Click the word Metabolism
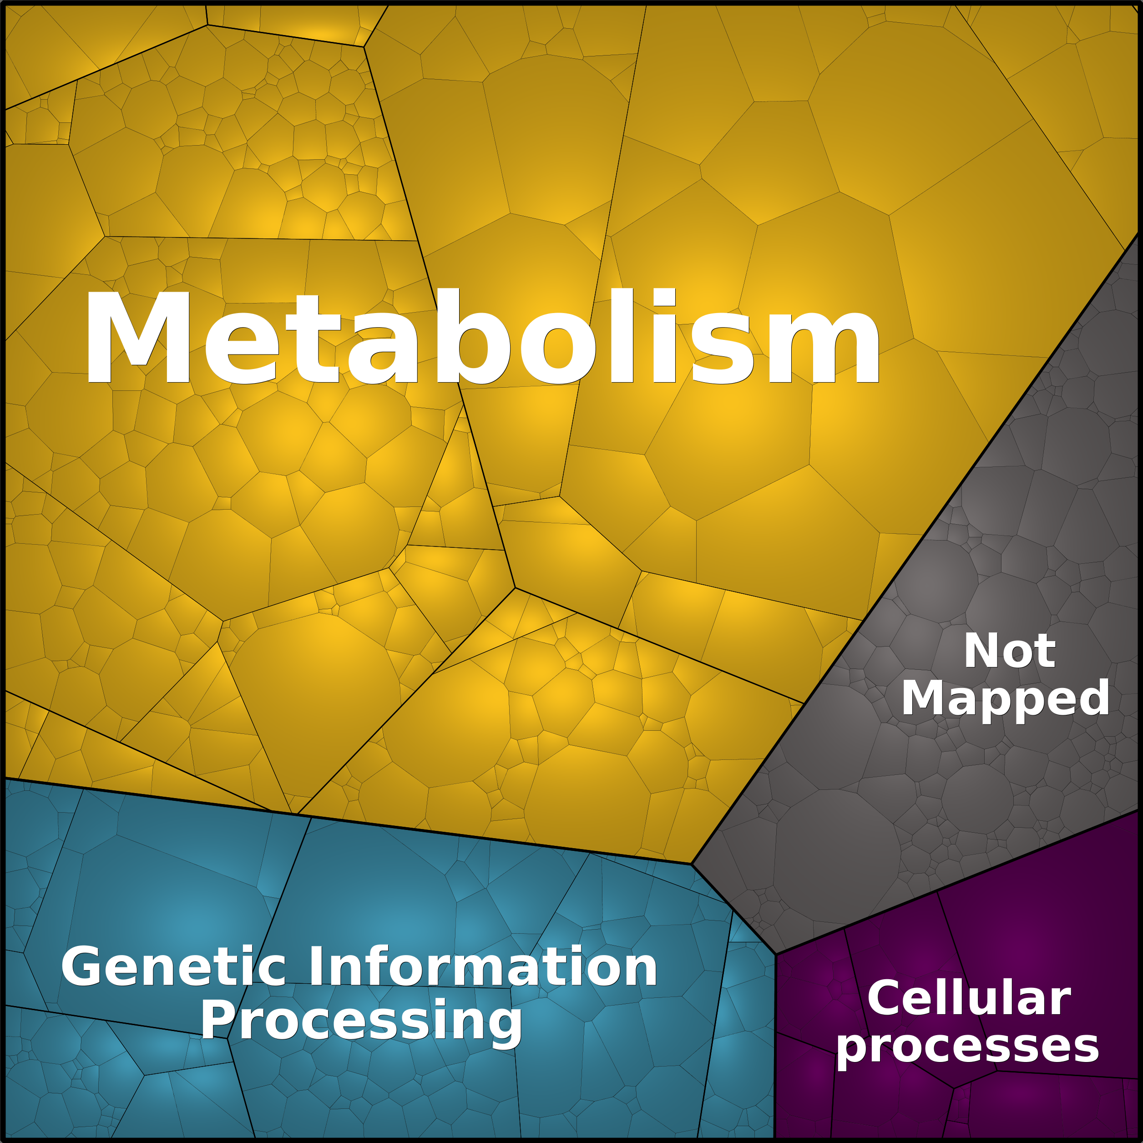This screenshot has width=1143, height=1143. [483, 337]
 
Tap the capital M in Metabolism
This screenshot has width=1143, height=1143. [139, 337]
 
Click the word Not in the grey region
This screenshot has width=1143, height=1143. [1010, 651]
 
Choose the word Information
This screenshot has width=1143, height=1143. [483, 966]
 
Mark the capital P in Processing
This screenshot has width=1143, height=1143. [217, 1019]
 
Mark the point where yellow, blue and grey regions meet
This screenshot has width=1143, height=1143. [692, 864]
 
